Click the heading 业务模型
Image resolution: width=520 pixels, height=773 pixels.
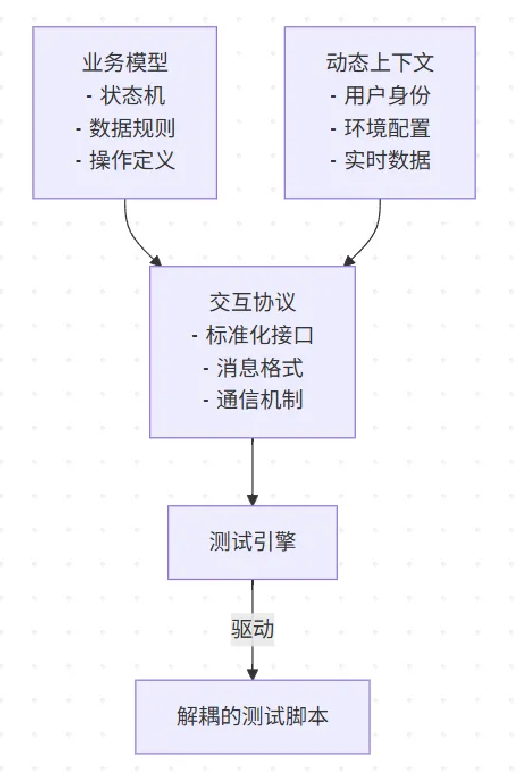pyautogui.click(x=125, y=62)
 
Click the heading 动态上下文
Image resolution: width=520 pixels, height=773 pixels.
pyautogui.click(x=380, y=62)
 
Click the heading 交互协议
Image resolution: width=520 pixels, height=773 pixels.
pyautogui.click(x=253, y=302)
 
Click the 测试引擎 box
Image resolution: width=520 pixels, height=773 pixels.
pyautogui.click(x=253, y=542)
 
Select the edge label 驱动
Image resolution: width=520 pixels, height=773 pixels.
pyautogui.click(x=253, y=629)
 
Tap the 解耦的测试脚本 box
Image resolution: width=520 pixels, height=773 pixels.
pyautogui.click(x=253, y=716)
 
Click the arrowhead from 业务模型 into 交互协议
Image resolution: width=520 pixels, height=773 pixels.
pyautogui.click(x=156, y=261)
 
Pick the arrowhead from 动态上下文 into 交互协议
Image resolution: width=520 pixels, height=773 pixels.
pyautogui.click(x=349, y=261)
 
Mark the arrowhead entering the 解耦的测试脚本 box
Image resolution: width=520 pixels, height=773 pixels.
pyautogui.click(x=253, y=674)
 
